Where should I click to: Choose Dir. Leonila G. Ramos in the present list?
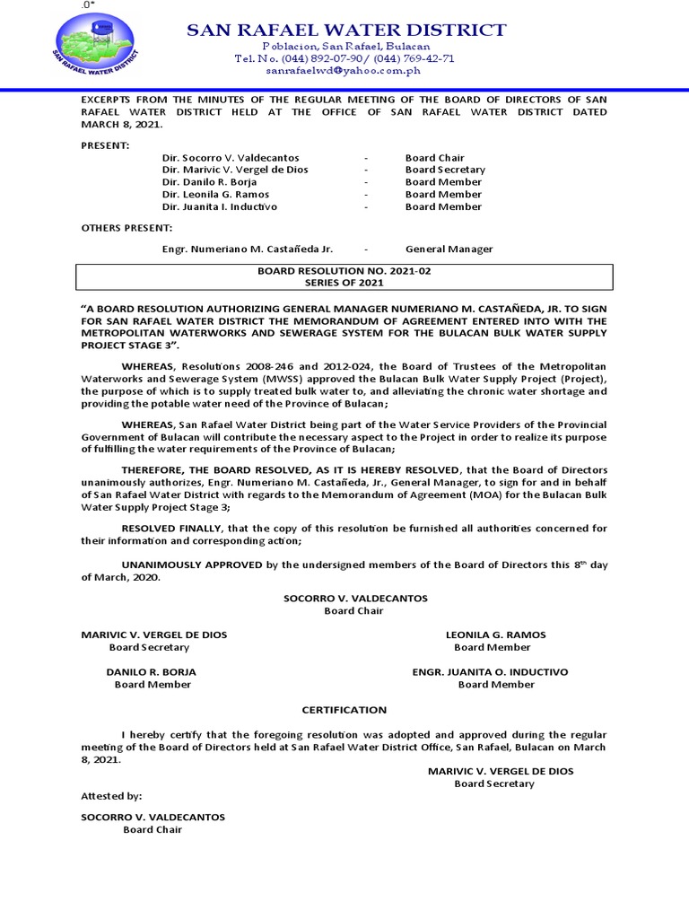[x=215, y=195]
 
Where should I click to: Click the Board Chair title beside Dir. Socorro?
[x=434, y=157]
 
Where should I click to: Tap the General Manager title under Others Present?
[x=449, y=249]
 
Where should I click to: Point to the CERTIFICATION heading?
[x=344, y=710]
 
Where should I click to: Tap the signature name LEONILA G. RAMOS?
[x=495, y=635]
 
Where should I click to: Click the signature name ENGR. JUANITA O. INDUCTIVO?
[x=490, y=671]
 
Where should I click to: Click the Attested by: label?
[x=111, y=795]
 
